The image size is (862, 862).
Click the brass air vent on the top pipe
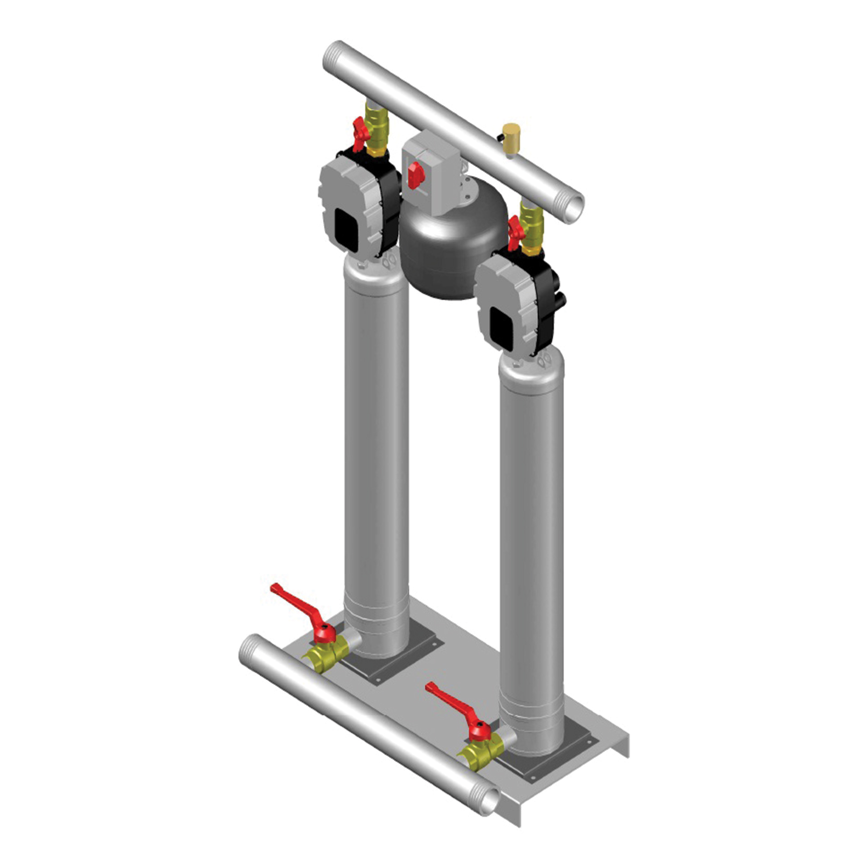[510, 131]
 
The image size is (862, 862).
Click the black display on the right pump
[502, 329]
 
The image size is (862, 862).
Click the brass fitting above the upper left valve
[377, 113]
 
